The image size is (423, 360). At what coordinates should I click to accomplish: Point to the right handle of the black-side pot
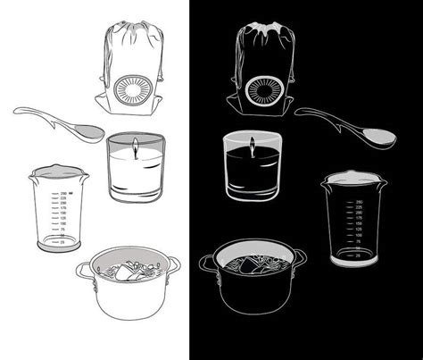pos(303,258)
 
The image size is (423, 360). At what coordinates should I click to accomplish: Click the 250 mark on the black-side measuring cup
pos(358,203)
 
